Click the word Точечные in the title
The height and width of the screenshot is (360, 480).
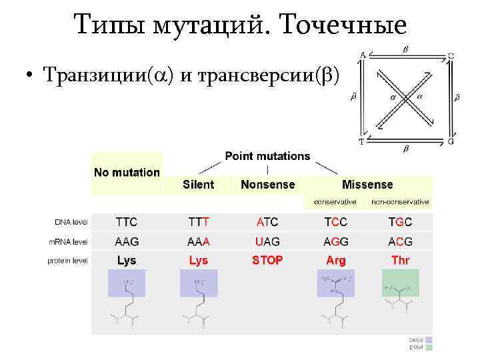click(x=344, y=25)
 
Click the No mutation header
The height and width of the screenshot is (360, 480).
click(x=127, y=172)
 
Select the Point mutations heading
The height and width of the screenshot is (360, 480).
click(x=267, y=156)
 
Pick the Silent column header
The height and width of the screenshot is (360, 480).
click(x=199, y=185)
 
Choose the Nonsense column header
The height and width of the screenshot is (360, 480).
click(x=267, y=185)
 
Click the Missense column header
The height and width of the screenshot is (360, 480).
click(x=367, y=185)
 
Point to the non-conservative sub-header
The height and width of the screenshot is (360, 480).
click(x=400, y=201)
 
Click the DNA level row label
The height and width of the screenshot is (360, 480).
click(x=71, y=222)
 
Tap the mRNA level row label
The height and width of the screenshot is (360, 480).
click(x=68, y=241)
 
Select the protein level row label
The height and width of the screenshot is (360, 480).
click(x=67, y=261)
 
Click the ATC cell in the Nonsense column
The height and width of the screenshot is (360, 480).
click(x=267, y=222)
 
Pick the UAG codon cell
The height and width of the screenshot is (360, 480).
click(x=267, y=241)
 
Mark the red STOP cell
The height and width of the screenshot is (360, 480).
click(x=267, y=260)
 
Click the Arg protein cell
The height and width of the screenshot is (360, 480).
click(x=336, y=261)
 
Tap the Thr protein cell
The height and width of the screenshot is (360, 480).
click(x=400, y=260)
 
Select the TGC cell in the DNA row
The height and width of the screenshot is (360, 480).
click(x=400, y=222)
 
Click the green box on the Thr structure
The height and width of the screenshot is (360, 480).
click(x=400, y=283)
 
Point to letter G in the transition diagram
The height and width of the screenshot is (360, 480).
click(x=451, y=141)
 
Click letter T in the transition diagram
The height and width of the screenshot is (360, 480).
click(x=361, y=141)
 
